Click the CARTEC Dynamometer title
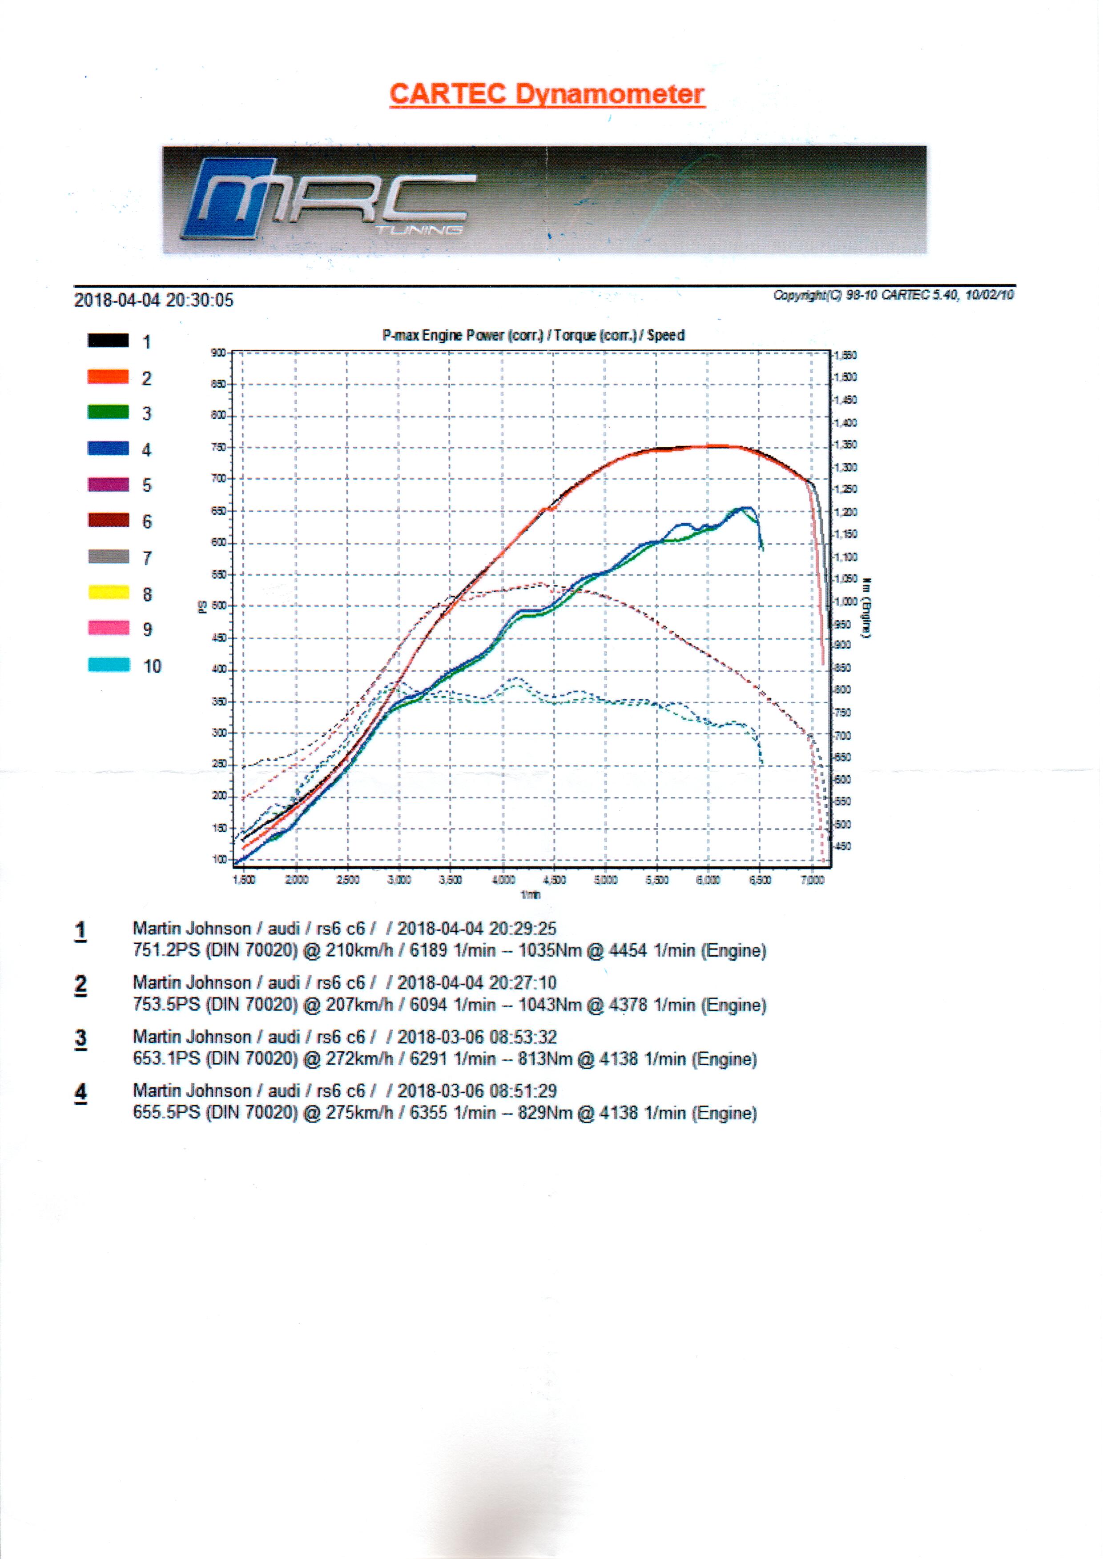(x=547, y=94)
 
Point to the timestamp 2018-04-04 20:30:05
(x=153, y=300)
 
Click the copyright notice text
(x=893, y=295)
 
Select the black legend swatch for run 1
(x=108, y=341)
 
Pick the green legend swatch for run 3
(x=108, y=412)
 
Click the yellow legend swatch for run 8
(x=108, y=593)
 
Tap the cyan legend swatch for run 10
(x=108, y=665)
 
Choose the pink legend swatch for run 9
(x=108, y=628)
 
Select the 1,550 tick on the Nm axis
(x=846, y=355)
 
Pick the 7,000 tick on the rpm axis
(x=812, y=880)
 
